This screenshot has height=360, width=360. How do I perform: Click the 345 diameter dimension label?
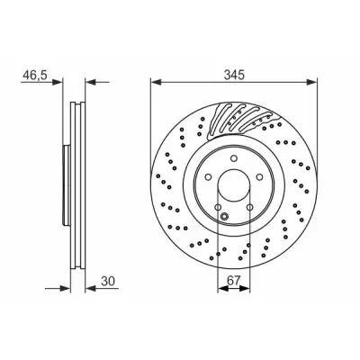point(234,75)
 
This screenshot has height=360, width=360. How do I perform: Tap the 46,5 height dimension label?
point(35,75)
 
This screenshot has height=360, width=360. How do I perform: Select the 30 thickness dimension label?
point(108,281)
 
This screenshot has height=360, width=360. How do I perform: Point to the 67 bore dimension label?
point(234,281)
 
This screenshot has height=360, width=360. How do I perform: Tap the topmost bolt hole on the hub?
point(234,158)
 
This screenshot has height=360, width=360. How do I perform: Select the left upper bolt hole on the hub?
point(209,177)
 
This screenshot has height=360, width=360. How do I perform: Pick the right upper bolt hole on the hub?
point(260,177)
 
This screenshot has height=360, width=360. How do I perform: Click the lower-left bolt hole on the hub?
point(218,207)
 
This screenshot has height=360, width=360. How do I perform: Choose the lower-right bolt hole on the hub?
point(250,207)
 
